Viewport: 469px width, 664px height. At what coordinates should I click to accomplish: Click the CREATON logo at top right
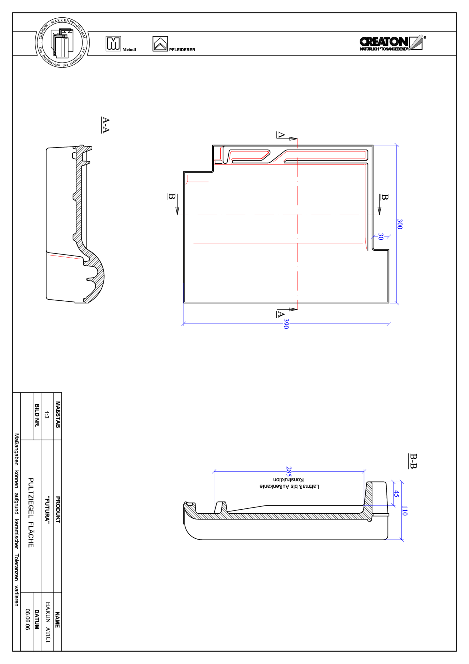click(x=392, y=43)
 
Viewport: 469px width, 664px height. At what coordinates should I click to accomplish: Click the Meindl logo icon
click(x=113, y=44)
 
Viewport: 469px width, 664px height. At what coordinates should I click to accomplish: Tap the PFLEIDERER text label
click(x=182, y=50)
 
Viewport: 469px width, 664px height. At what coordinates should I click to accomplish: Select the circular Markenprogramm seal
click(x=62, y=43)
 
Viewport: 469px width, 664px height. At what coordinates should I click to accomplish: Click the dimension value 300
click(x=400, y=224)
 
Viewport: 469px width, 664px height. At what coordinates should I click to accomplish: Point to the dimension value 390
click(x=286, y=324)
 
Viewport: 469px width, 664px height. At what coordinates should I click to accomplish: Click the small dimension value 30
click(x=381, y=237)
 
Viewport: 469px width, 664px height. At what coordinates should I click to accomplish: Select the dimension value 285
click(x=289, y=471)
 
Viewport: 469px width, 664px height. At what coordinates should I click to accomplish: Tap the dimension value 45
click(x=396, y=494)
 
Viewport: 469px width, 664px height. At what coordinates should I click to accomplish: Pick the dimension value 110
click(x=404, y=510)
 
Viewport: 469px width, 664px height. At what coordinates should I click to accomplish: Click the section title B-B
click(x=413, y=461)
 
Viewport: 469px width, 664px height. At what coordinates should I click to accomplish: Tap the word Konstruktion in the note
click(x=288, y=480)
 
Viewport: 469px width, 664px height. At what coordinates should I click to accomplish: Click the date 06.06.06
click(x=27, y=619)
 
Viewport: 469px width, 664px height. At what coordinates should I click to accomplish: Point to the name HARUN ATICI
click(x=48, y=622)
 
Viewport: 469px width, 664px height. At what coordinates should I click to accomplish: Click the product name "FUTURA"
click(x=47, y=510)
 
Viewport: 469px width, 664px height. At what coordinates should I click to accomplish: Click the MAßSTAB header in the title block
click(x=58, y=414)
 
